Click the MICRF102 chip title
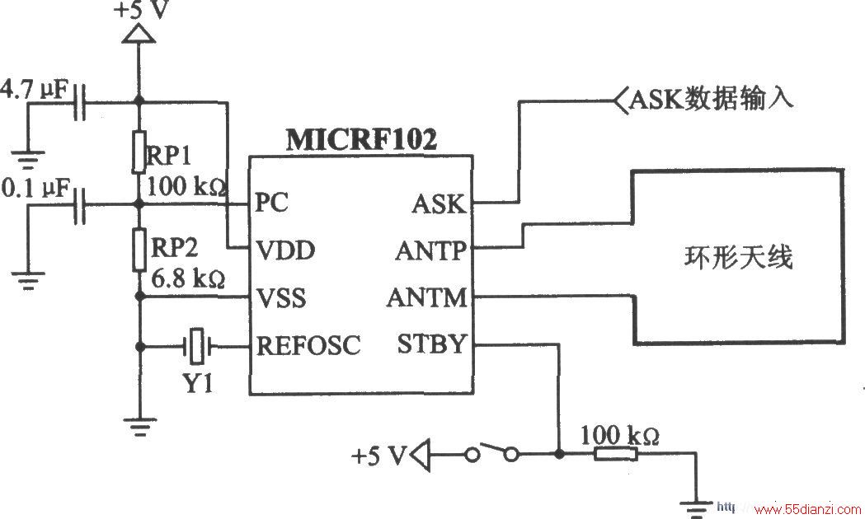pos(361,140)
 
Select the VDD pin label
pos(286,250)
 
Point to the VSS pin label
pos(281,298)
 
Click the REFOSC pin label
pos(308,345)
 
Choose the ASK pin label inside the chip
pos(439,203)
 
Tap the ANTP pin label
pos(430,251)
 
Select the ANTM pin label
pos(427,298)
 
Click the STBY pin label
pos(432,344)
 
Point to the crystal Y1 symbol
pos(196,347)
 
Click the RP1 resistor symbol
pos(139,152)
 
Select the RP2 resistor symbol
pos(139,250)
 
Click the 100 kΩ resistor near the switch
pos(616,455)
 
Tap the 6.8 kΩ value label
pos(188,278)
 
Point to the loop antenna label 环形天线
pos(738,257)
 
